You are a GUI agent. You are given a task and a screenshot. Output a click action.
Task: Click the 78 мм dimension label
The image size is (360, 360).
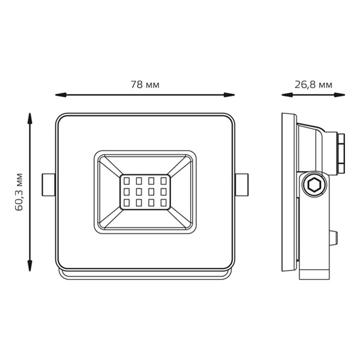point(145,85)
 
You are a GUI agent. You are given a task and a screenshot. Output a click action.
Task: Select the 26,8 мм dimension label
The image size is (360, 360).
point(313,85)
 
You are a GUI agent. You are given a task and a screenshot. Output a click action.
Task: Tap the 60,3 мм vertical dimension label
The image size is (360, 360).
point(19,192)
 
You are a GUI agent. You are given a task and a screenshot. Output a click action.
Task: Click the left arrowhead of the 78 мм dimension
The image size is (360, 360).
point(61,95)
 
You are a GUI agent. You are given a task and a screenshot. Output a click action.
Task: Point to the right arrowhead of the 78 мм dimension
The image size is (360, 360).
point(229,95)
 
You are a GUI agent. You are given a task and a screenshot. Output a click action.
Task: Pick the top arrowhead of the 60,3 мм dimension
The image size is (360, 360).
point(29,118)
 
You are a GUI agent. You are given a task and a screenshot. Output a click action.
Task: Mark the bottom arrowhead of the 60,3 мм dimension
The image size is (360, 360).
point(29,266)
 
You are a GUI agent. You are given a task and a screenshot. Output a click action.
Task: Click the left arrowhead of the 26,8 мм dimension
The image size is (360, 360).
point(287,95)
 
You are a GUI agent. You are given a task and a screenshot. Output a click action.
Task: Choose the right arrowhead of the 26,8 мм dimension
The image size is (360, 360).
point(340,95)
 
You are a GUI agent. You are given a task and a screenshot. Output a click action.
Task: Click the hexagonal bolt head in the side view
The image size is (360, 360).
point(314,185)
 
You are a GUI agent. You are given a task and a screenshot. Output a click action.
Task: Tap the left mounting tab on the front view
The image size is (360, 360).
point(49,185)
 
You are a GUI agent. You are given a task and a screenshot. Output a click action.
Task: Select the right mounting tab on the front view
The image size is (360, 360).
point(242,185)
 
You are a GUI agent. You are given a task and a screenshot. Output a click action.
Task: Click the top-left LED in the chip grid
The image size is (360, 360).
point(127,181)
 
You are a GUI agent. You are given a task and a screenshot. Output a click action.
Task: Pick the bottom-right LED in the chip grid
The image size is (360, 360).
point(163,203)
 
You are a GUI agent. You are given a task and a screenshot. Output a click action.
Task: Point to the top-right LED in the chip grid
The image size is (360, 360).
point(163,181)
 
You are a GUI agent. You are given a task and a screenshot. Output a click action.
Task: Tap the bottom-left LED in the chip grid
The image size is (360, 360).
point(127,203)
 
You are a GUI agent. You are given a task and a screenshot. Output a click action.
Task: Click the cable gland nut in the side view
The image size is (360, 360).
point(341,154)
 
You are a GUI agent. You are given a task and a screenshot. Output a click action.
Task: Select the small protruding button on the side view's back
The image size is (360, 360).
point(334,238)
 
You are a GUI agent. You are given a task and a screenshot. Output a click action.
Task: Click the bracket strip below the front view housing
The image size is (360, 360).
point(145,274)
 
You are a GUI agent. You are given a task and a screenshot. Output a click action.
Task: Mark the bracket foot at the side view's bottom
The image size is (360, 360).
point(314,274)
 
